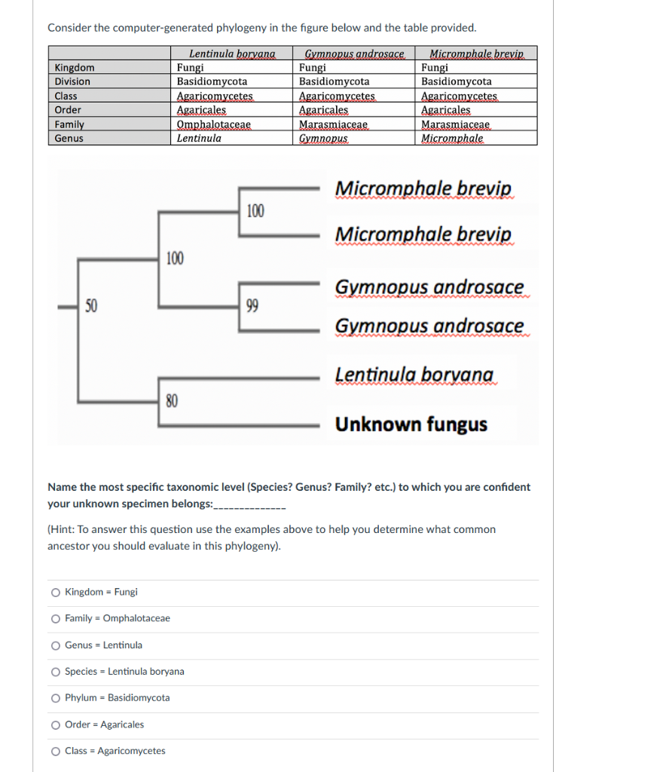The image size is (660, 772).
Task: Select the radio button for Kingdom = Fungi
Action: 56,593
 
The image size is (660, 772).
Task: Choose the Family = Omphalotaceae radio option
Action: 56,619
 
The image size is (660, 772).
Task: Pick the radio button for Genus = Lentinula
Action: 56,645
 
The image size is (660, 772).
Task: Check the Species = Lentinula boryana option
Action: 56,672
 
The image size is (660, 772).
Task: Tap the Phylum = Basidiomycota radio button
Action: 56,698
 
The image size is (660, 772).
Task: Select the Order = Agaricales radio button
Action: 56,725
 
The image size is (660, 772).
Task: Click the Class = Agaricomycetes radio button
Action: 56,751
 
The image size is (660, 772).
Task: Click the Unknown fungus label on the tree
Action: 411,424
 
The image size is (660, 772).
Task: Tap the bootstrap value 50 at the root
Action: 91,305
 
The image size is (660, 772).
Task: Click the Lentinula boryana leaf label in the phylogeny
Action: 414,375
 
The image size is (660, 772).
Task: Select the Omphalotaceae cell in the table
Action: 213,124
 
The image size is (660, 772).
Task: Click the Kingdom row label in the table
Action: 75,67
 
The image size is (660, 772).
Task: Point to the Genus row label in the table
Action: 69,139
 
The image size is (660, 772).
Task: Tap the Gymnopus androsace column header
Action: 354,54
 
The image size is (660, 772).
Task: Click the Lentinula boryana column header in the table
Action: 232,54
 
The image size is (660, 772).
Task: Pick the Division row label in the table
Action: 72,81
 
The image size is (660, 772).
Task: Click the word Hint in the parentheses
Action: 64,529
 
